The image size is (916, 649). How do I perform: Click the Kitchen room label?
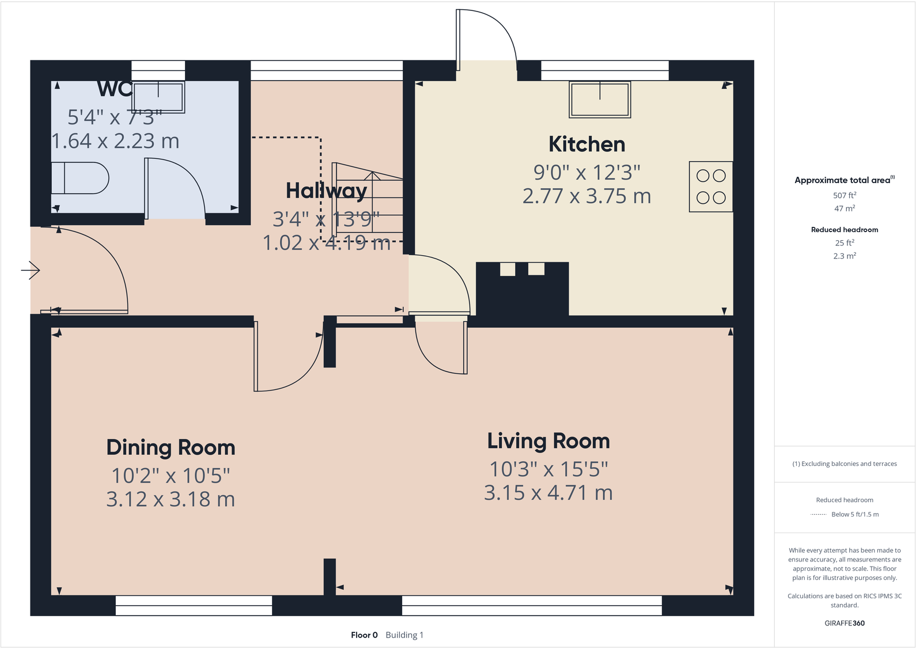pos(586,145)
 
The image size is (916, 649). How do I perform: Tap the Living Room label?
pos(548,441)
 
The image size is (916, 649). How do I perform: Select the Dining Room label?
pos(171,447)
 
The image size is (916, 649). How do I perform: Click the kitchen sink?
pos(600,100)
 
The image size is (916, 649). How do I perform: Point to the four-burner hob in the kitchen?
pos(711,187)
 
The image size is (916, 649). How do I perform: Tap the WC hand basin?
pos(158,96)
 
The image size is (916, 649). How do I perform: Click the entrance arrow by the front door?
pos(31,270)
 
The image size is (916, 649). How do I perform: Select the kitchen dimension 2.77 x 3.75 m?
pos(586,196)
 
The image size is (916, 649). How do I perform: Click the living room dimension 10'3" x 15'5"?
pos(548,469)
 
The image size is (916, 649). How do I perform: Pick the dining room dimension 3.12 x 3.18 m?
pos(171,499)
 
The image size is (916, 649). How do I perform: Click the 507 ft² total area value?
pos(845,195)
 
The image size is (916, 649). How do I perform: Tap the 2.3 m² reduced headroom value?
pos(845,256)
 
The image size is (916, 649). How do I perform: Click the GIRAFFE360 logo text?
pos(845,623)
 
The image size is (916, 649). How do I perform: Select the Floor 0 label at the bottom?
pos(364,635)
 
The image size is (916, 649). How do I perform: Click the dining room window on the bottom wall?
pos(194,605)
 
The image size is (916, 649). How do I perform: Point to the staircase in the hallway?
pos(369,202)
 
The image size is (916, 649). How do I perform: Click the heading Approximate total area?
pos(843,180)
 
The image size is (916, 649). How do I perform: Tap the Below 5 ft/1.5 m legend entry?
pos(855,514)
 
